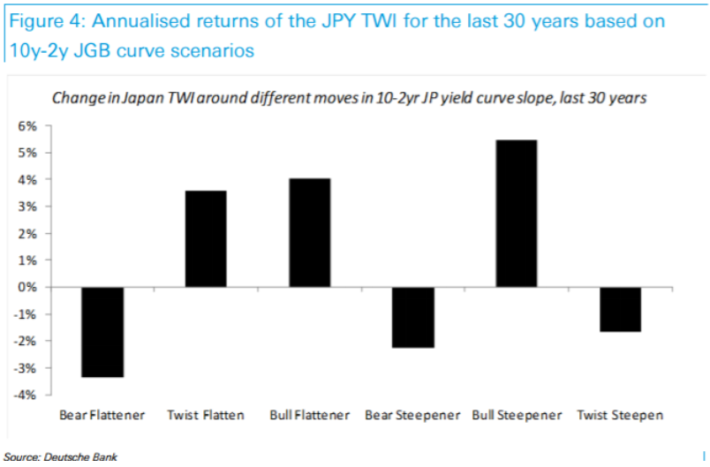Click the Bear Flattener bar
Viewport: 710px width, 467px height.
[102, 332]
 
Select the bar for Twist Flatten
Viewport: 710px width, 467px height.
[205, 238]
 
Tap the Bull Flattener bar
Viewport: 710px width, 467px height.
[309, 233]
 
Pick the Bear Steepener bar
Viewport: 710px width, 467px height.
[412, 317]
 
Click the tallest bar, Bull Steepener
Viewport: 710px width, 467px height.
[515, 213]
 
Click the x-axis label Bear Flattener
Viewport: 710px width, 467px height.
[102, 414]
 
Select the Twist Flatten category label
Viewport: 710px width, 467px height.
[206, 414]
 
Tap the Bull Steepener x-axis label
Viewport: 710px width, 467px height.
[515, 414]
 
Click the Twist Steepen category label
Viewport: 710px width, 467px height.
[619, 414]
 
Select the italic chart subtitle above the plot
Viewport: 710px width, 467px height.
[350, 98]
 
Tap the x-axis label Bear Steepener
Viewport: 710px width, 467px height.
[412, 414]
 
